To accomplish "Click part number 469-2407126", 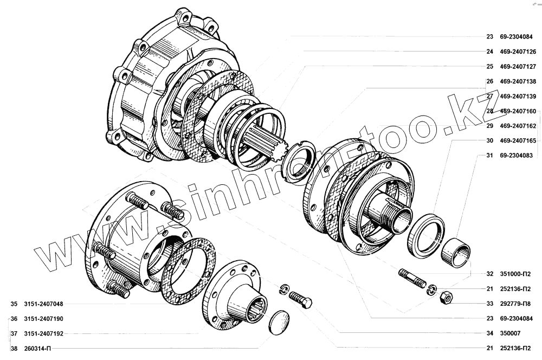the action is point(518,52).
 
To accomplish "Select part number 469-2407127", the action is point(518,67).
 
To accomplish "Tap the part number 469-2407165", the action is point(518,141).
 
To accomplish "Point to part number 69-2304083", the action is point(516,156).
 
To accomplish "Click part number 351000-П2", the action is point(515,274).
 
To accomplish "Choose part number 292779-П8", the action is point(515,304).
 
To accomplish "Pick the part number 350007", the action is point(510,333).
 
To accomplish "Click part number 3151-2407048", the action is point(43,304).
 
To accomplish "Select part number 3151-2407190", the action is point(43,319).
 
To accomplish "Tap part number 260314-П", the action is point(37,349).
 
